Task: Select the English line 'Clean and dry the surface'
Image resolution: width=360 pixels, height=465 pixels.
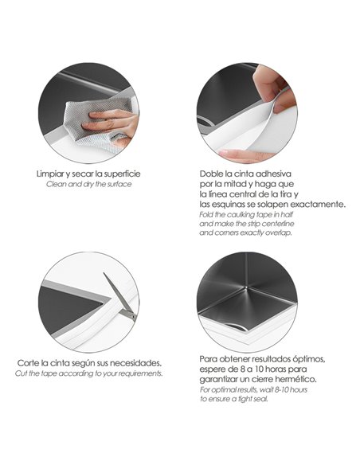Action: point(88,184)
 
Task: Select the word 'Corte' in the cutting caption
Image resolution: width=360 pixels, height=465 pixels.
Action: point(28,363)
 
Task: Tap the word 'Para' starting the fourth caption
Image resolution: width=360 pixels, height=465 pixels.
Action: point(208,359)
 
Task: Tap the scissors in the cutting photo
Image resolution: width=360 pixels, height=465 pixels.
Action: point(120,296)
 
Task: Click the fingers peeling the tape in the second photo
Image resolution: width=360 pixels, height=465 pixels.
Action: point(274,89)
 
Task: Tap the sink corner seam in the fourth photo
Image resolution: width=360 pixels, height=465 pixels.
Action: point(247,289)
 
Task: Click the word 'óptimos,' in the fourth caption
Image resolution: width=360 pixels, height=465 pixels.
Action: point(309,359)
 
